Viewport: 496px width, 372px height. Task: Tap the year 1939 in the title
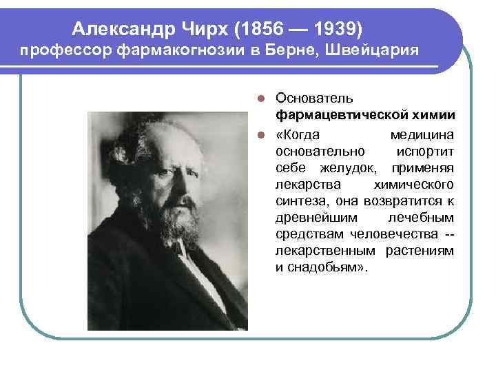(333, 29)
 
